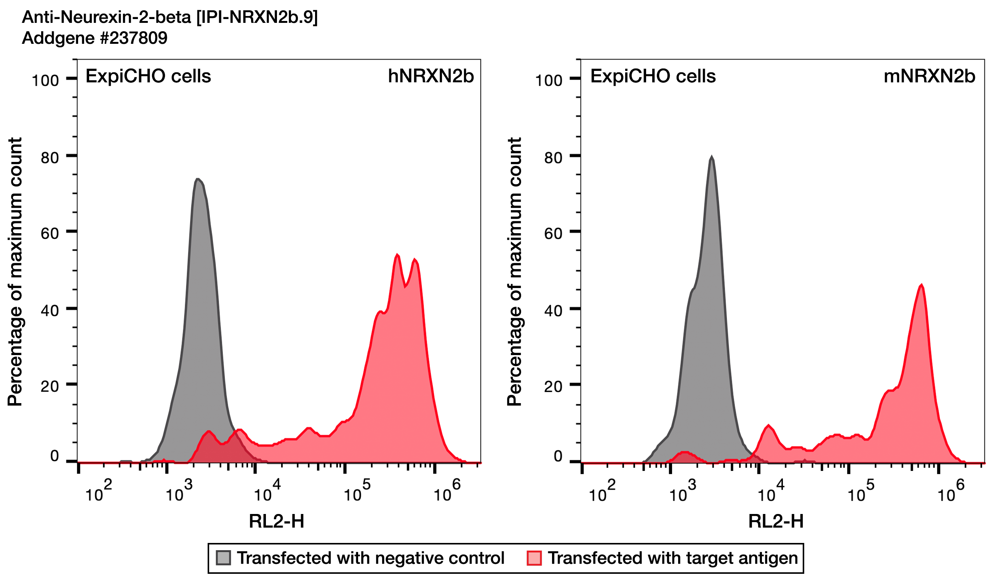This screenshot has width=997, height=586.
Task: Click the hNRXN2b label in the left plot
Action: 430,76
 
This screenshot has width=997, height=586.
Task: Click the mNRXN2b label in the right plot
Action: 929,76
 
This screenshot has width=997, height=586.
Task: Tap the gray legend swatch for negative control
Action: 224,558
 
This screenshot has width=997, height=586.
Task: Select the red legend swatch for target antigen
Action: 534,558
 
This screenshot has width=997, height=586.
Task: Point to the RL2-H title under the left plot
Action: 277,522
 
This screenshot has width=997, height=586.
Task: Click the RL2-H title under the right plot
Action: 776,522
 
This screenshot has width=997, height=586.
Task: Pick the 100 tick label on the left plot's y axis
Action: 45,81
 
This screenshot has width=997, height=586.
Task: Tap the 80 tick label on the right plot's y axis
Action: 553,158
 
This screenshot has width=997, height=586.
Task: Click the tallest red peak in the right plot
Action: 922,285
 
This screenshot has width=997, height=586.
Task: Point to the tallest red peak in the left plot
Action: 397,255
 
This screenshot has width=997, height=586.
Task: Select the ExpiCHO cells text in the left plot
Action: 148,76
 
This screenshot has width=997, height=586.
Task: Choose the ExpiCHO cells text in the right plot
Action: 653,76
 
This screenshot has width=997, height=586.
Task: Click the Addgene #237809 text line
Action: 94,38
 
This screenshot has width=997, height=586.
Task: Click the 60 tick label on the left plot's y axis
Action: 50,234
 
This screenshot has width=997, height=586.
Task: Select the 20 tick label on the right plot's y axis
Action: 553,386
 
